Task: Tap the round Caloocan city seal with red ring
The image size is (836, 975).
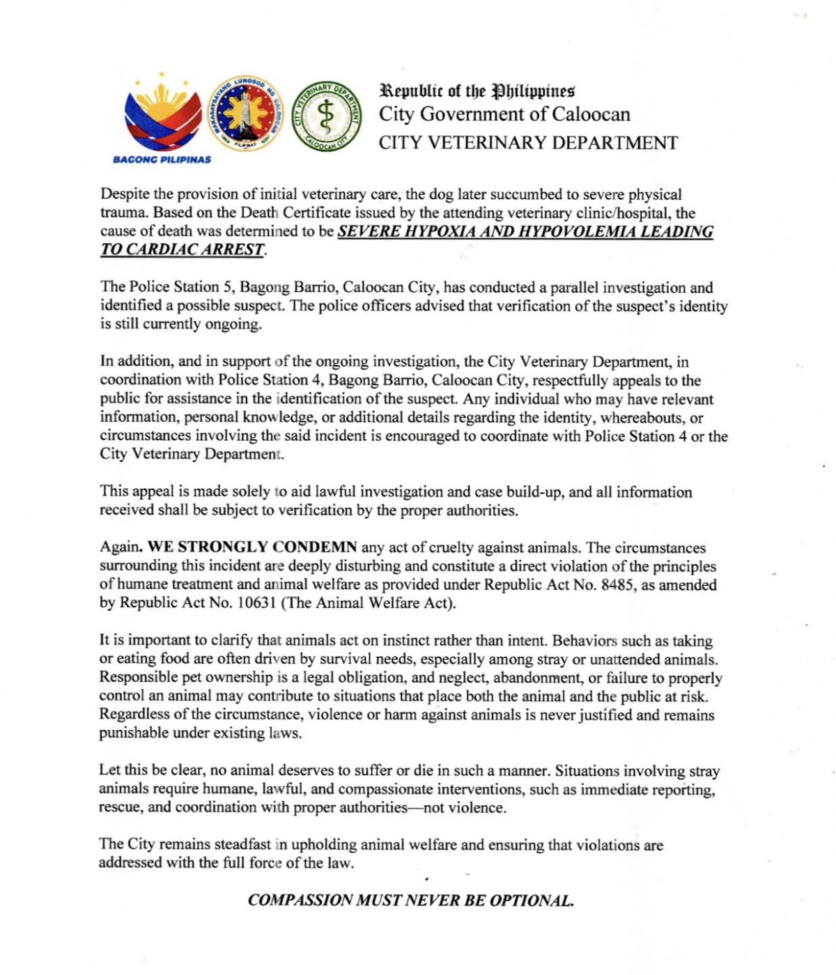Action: [246, 114]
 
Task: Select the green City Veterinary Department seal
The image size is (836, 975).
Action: [326, 116]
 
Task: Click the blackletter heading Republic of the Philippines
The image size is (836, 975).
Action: [477, 91]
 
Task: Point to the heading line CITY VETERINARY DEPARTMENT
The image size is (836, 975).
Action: [528, 143]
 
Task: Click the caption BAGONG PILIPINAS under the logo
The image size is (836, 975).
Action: [162, 159]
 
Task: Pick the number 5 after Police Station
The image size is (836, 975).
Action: [224, 288]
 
